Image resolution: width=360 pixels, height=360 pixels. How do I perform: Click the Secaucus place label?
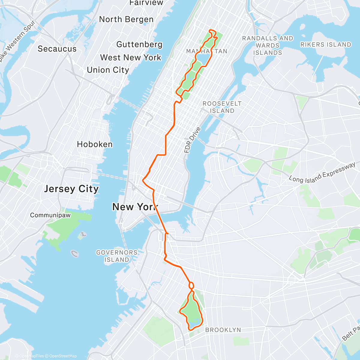(x=57, y=49)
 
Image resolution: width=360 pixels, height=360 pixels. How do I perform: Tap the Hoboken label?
(x=95, y=144)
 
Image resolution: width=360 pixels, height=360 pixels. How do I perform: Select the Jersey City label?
(x=71, y=189)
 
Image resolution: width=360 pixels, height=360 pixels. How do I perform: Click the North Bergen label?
(x=126, y=19)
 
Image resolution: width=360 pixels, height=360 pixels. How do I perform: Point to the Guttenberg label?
(x=139, y=44)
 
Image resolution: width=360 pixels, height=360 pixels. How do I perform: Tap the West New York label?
(x=130, y=57)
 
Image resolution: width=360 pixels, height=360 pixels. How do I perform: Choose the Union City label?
(x=108, y=70)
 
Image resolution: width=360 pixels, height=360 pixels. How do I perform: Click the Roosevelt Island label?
(x=222, y=107)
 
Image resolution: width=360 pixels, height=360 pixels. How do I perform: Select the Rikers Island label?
(x=325, y=45)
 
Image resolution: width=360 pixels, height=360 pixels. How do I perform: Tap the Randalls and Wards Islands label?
(x=268, y=46)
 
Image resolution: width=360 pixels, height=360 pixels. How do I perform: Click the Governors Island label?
(x=117, y=256)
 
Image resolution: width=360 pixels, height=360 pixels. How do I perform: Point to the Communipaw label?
(x=50, y=215)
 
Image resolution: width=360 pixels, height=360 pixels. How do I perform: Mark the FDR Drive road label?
(x=192, y=140)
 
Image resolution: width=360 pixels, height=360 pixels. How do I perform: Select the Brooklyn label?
(x=223, y=330)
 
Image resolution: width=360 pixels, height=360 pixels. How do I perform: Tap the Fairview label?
(x=142, y=3)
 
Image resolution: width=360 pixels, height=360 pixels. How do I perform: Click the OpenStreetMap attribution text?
(x=63, y=356)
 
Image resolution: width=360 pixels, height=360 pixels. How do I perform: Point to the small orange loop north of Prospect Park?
(x=191, y=285)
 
